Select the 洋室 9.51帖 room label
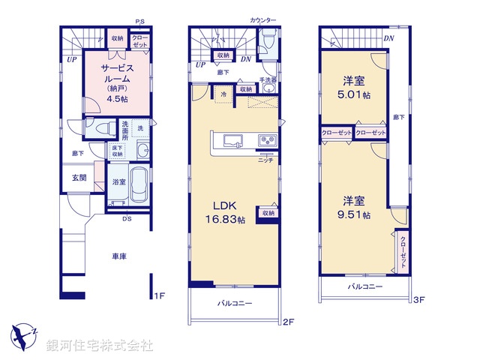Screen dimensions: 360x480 (355, 207)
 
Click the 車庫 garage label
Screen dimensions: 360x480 (119, 256)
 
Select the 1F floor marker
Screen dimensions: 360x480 (159, 296)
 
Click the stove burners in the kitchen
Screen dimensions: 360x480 (268, 141)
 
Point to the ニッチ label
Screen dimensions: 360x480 (265, 160)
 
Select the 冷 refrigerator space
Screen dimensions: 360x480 (224, 94)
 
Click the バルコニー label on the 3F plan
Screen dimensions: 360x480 (365, 287)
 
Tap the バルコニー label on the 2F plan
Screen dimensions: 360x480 (235, 304)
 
